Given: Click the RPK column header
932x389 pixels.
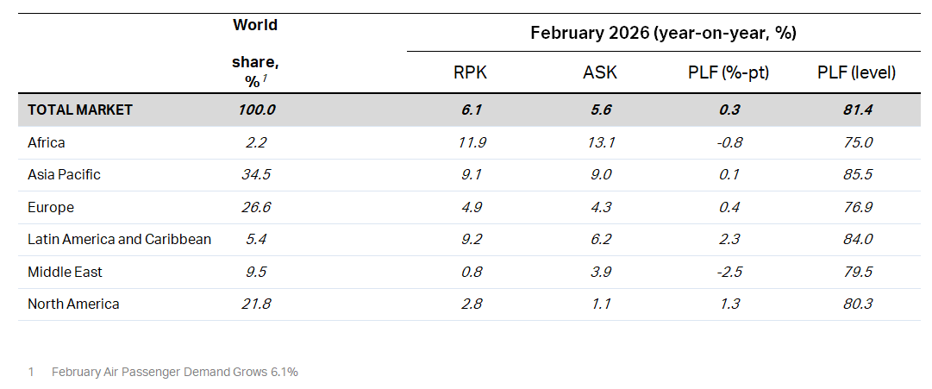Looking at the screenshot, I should tap(470, 73).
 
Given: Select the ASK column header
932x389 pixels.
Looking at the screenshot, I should tap(600, 73).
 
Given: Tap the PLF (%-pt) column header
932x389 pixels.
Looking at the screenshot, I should tap(729, 73).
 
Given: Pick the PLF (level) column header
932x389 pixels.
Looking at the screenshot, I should tap(856, 73).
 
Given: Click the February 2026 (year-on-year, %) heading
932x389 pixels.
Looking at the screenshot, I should tap(662, 34).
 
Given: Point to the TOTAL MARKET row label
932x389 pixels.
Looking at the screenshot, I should tap(80, 110).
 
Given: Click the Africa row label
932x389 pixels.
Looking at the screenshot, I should tap(46, 142).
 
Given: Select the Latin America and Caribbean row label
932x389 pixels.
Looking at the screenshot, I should tap(119, 239).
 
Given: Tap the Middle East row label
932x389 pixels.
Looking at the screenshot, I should tap(65, 272).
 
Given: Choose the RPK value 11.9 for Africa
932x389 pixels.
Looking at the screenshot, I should tap(470, 142).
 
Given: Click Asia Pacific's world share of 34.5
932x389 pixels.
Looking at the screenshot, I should tap(255, 174).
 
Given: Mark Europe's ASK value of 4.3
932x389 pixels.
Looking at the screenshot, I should tap(600, 207).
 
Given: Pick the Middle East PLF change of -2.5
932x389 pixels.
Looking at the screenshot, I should tap(729, 272).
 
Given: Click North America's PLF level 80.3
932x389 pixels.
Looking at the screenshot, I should tap(856, 304).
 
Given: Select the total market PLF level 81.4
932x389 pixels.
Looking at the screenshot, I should tap(856, 110).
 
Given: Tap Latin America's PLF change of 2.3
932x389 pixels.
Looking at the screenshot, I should tap(729, 239).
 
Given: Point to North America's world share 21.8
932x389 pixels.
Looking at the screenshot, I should tap(255, 304).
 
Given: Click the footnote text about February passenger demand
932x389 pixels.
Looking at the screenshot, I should tap(174, 372).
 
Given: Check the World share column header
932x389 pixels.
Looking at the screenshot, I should tap(255, 52).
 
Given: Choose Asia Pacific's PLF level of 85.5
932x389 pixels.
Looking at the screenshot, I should tap(856, 174).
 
